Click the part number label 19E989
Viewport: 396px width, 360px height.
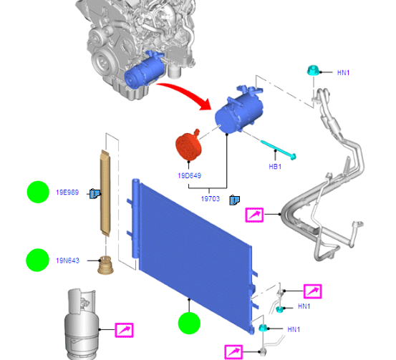(x=67, y=193)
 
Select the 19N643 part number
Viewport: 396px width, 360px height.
(x=67, y=261)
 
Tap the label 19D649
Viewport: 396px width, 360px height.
(x=190, y=176)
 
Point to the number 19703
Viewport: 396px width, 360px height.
(x=211, y=199)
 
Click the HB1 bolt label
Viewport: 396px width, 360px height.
(x=275, y=167)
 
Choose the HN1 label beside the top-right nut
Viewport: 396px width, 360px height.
(x=344, y=73)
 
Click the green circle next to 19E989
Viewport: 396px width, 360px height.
(x=38, y=192)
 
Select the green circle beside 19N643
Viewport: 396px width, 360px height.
(x=38, y=260)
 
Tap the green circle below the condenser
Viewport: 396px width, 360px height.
(x=190, y=323)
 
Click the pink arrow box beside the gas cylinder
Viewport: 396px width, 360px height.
(x=125, y=330)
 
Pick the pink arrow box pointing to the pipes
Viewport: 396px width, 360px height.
(x=254, y=215)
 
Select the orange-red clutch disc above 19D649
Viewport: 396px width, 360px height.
(x=188, y=145)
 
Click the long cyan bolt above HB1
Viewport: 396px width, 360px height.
(x=279, y=150)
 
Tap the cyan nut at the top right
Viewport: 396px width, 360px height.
(x=313, y=70)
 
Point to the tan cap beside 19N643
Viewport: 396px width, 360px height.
(x=105, y=266)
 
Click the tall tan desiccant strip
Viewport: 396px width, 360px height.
(x=105, y=193)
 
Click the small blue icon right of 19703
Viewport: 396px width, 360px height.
(x=235, y=200)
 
